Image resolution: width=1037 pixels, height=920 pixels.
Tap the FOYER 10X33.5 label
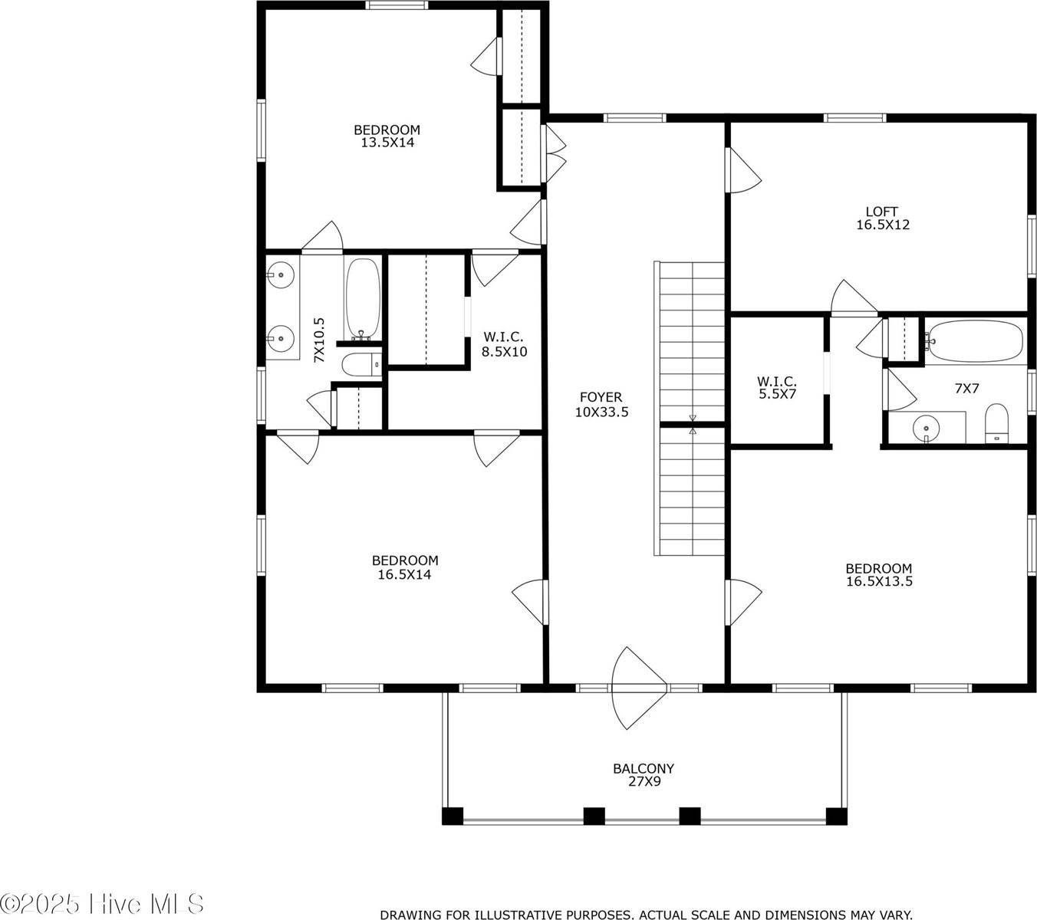pos(601,404)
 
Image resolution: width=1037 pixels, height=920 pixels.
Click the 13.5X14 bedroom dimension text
pos(387,142)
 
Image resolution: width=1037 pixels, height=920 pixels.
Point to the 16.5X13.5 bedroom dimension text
pos(879,581)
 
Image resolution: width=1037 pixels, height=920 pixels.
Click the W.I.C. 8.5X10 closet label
pos(503,344)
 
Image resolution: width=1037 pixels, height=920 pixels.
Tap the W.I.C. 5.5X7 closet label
pos(777,388)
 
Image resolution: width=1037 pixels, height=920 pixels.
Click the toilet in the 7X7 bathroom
pos(996,423)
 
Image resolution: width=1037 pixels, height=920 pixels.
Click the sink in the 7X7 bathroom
pos(927,426)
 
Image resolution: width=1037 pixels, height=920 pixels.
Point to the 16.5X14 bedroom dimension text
pos(404,573)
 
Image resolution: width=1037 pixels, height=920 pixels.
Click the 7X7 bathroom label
pos(966,389)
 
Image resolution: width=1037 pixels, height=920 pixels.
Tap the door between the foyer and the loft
pos(742,171)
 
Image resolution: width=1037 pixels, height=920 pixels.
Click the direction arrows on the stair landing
pos(693,425)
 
